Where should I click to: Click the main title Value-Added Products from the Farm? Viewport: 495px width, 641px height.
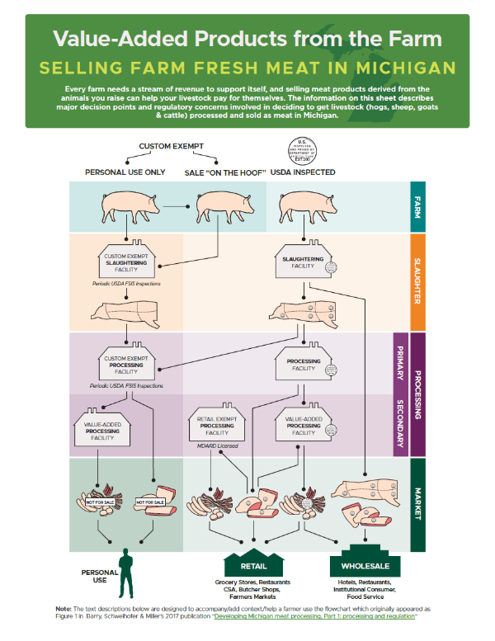point(247,38)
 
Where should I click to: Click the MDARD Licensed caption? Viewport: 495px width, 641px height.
point(215,446)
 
